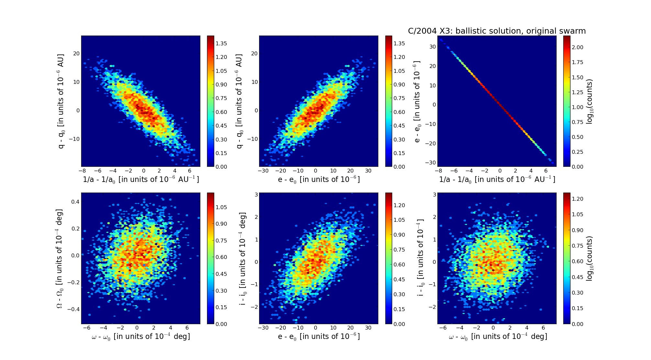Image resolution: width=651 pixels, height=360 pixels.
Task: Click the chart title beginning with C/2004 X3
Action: point(497,31)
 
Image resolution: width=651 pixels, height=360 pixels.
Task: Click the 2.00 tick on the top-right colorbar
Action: point(578,47)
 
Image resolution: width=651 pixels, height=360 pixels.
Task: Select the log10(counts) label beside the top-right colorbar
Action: point(590,101)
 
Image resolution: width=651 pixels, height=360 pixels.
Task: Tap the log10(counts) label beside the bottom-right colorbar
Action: point(590,258)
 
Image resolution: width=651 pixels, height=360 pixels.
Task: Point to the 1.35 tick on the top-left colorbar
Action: point(221,43)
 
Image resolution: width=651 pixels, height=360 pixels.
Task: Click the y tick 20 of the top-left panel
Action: point(76,53)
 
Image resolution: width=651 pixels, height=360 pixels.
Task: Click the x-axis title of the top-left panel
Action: point(141,180)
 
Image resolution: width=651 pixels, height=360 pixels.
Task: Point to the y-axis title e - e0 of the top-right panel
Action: point(417,101)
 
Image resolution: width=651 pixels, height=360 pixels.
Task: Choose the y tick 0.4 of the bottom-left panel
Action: point(75,202)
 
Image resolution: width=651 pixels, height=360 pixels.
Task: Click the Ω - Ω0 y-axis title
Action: point(60,258)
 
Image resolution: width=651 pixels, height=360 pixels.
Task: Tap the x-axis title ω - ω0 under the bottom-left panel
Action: point(141,337)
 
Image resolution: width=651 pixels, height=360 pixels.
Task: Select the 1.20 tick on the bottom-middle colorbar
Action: point(399,205)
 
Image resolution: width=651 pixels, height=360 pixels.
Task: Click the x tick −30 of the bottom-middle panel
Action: point(263,328)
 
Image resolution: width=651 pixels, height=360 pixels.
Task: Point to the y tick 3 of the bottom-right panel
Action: point(435,195)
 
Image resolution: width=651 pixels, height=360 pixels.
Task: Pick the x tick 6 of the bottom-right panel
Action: point(543,328)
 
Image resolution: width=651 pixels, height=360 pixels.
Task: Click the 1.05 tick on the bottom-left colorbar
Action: point(221,207)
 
